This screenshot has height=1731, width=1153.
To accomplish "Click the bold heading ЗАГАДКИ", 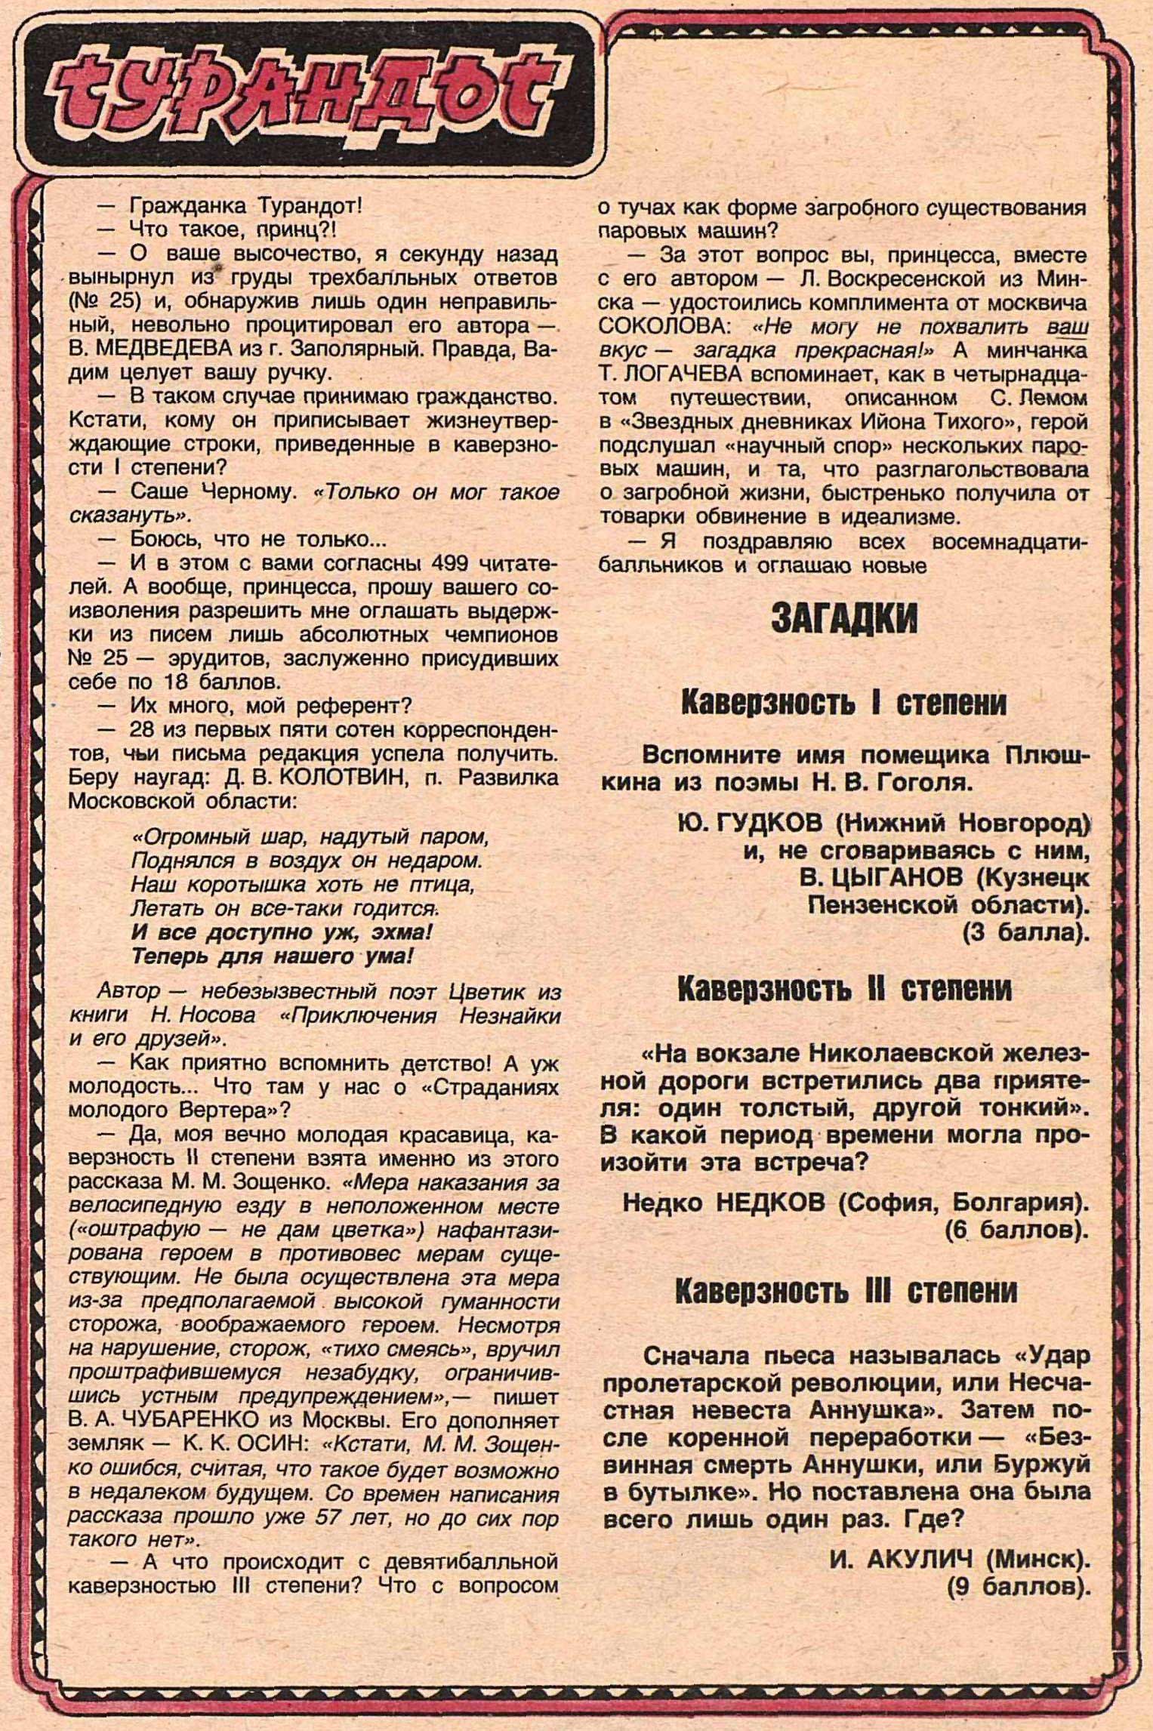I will pyautogui.click(x=845, y=620).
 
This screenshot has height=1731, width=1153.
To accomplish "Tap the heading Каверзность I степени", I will pyautogui.click(x=845, y=704).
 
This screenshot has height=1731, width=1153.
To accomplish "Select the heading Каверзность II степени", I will pyautogui.click(x=845, y=990).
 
